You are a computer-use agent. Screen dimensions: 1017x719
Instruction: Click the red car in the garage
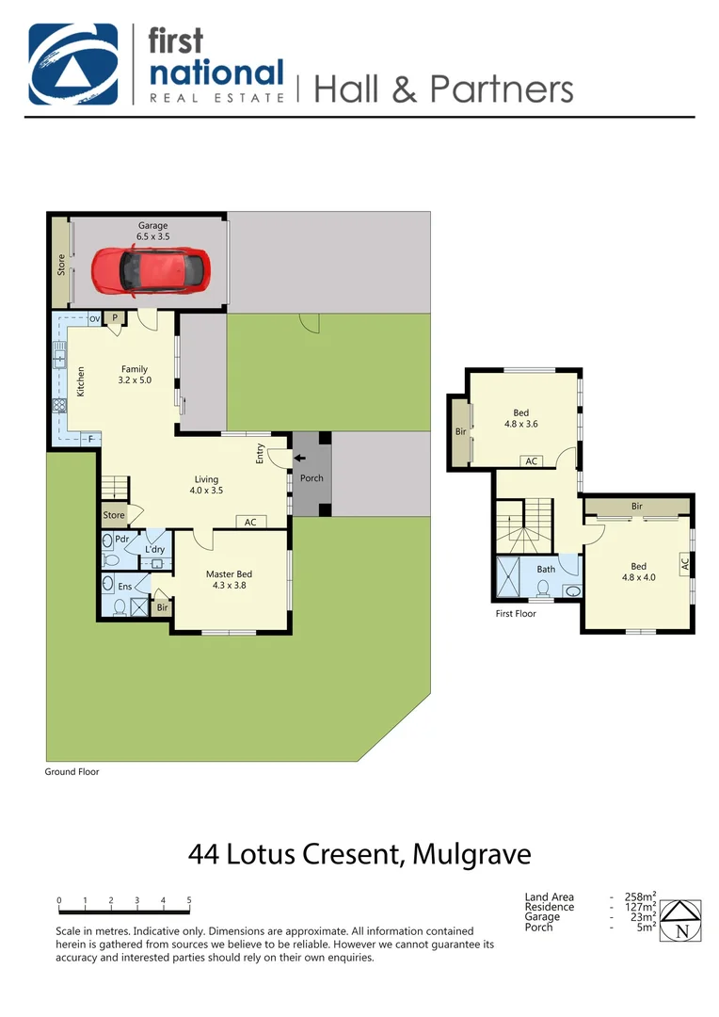pyautogui.click(x=149, y=270)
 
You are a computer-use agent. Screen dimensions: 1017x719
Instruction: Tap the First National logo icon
pyautogui.click(x=73, y=64)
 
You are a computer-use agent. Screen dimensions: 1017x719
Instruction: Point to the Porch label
pyautogui.click(x=312, y=478)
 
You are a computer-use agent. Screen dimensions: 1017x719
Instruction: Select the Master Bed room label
pyautogui.click(x=229, y=580)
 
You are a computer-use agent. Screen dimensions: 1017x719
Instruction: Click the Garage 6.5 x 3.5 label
pyautogui.click(x=153, y=232)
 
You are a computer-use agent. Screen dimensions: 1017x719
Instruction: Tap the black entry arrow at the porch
pyautogui.click(x=298, y=460)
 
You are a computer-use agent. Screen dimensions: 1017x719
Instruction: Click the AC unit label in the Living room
pyautogui.click(x=250, y=522)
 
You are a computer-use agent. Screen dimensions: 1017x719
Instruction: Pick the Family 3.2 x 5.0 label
pyautogui.click(x=136, y=375)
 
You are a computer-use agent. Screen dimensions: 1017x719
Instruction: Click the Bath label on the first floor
pyautogui.click(x=546, y=569)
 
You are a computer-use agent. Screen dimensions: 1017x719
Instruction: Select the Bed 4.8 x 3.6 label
pyautogui.click(x=520, y=418)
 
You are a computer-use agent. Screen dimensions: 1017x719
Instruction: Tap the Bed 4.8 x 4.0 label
pyautogui.click(x=638, y=572)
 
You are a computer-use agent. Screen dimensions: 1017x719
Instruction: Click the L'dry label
pyautogui.click(x=155, y=549)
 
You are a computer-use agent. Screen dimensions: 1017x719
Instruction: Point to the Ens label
pyautogui.click(x=124, y=587)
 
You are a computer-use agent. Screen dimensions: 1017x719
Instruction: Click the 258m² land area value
pyautogui.click(x=640, y=897)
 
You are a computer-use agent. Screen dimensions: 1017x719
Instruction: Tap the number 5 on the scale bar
pyautogui.click(x=189, y=900)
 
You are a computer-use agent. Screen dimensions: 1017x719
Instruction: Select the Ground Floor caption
pyautogui.click(x=72, y=771)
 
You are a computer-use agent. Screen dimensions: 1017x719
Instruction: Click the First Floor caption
pyautogui.click(x=516, y=613)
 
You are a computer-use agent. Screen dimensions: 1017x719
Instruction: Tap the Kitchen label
pyautogui.click(x=81, y=380)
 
